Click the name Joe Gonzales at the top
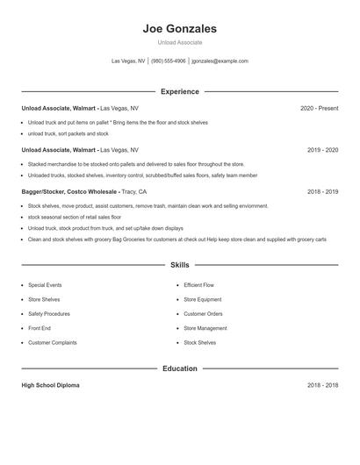(179, 28)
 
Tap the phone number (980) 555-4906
(169, 61)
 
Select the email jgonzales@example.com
(220, 61)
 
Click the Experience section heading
(179, 91)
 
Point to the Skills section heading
(179, 264)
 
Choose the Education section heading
(179, 368)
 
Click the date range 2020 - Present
(319, 108)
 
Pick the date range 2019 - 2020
(322, 150)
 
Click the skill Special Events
(45, 285)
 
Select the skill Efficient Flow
(199, 285)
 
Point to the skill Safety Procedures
(48, 314)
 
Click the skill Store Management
(205, 328)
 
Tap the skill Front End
(40, 328)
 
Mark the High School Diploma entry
(51, 385)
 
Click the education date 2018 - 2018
(322, 385)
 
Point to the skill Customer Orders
(203, 314)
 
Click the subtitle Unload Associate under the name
(179, 42)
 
